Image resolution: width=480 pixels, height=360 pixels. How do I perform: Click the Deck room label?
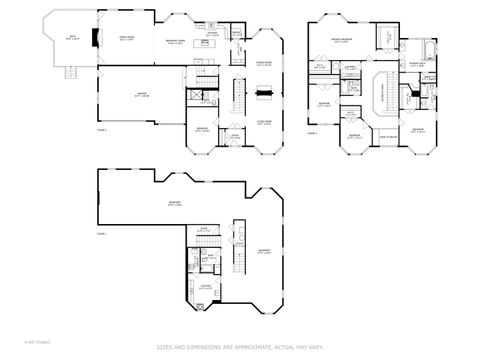pyautogui.click(x=71, y=39)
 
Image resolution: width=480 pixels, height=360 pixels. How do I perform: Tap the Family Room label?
pyautogui.click(x=128, y=38)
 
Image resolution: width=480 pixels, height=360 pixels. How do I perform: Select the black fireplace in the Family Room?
pyautogui.click(x=96, y=39)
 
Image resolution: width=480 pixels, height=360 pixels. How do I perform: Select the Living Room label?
pyautogui.click(x=265, y=121)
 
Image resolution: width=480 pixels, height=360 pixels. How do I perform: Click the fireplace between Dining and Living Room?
pyautogui.click(x=265, y=93)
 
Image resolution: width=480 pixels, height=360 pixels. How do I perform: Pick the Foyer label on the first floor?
pyautogui.click(x=234, y=136)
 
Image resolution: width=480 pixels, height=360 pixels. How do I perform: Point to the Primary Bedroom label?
pyautogui.click(x=340, y=42)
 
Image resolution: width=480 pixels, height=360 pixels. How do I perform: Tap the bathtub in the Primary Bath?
pyautogui.click(x=430, y=47)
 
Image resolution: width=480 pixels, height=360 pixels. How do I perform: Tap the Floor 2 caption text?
pyautogui.click(x=312, y=132)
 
